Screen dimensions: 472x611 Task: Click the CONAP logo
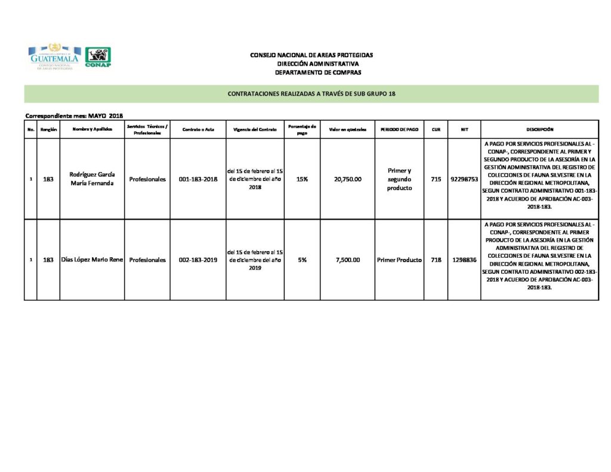pos(98,57)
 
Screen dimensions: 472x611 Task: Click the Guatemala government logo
pos(54,57)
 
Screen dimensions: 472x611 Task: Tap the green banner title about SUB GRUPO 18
pos(311,94)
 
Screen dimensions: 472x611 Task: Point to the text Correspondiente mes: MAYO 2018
pos(74,116)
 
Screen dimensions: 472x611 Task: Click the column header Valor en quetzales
pos(347,129)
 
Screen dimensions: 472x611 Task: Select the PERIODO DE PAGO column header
pos(399,129)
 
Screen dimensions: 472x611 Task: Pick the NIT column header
pos(464,129)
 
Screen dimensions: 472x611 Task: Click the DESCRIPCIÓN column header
pos(539,129)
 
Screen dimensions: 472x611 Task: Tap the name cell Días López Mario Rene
pos(92,260)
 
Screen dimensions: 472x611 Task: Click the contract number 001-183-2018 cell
pos(198,179)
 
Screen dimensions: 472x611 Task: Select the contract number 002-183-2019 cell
pos(198,260)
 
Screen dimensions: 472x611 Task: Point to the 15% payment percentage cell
pos(302,179)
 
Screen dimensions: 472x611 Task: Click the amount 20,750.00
pos(347,179)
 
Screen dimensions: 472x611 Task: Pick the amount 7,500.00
pos(347,260)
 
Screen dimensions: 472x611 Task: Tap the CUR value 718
pos(436,260)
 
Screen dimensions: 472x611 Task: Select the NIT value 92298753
pos(464,179)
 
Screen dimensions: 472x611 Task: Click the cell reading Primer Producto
pos(399,260)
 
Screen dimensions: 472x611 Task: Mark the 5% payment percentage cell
pos(302,260)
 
